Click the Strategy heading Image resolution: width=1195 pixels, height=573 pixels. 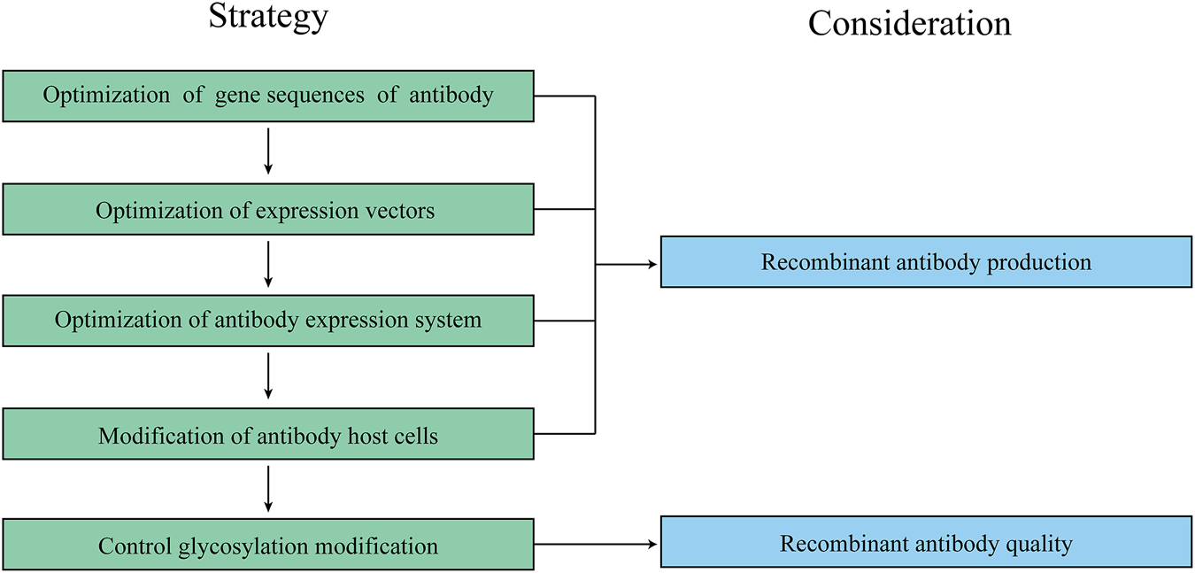[268, 17]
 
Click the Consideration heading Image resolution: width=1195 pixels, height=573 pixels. [909, 24]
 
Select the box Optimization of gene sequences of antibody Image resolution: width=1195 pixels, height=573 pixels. [268, 96]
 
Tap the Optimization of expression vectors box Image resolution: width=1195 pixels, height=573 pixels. [268, 210]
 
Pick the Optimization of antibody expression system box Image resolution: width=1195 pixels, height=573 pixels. [268, 321]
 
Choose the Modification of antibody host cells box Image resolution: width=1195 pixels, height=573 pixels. [268, 434]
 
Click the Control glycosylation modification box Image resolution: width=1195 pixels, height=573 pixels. [268, 544]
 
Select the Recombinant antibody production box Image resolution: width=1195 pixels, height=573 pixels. [926, 262]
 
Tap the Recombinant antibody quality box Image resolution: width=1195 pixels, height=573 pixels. [926, 543]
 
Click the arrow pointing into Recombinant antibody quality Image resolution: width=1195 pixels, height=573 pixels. [597, 544]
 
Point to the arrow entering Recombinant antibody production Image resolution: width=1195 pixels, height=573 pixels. [627, 264]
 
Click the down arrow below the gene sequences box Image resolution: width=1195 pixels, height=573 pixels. [268, 151]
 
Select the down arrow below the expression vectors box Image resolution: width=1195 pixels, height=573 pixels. [268, 264]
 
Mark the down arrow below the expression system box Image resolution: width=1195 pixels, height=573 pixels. [268, 376]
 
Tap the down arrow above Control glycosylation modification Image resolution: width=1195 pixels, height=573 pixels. [268, 488]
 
